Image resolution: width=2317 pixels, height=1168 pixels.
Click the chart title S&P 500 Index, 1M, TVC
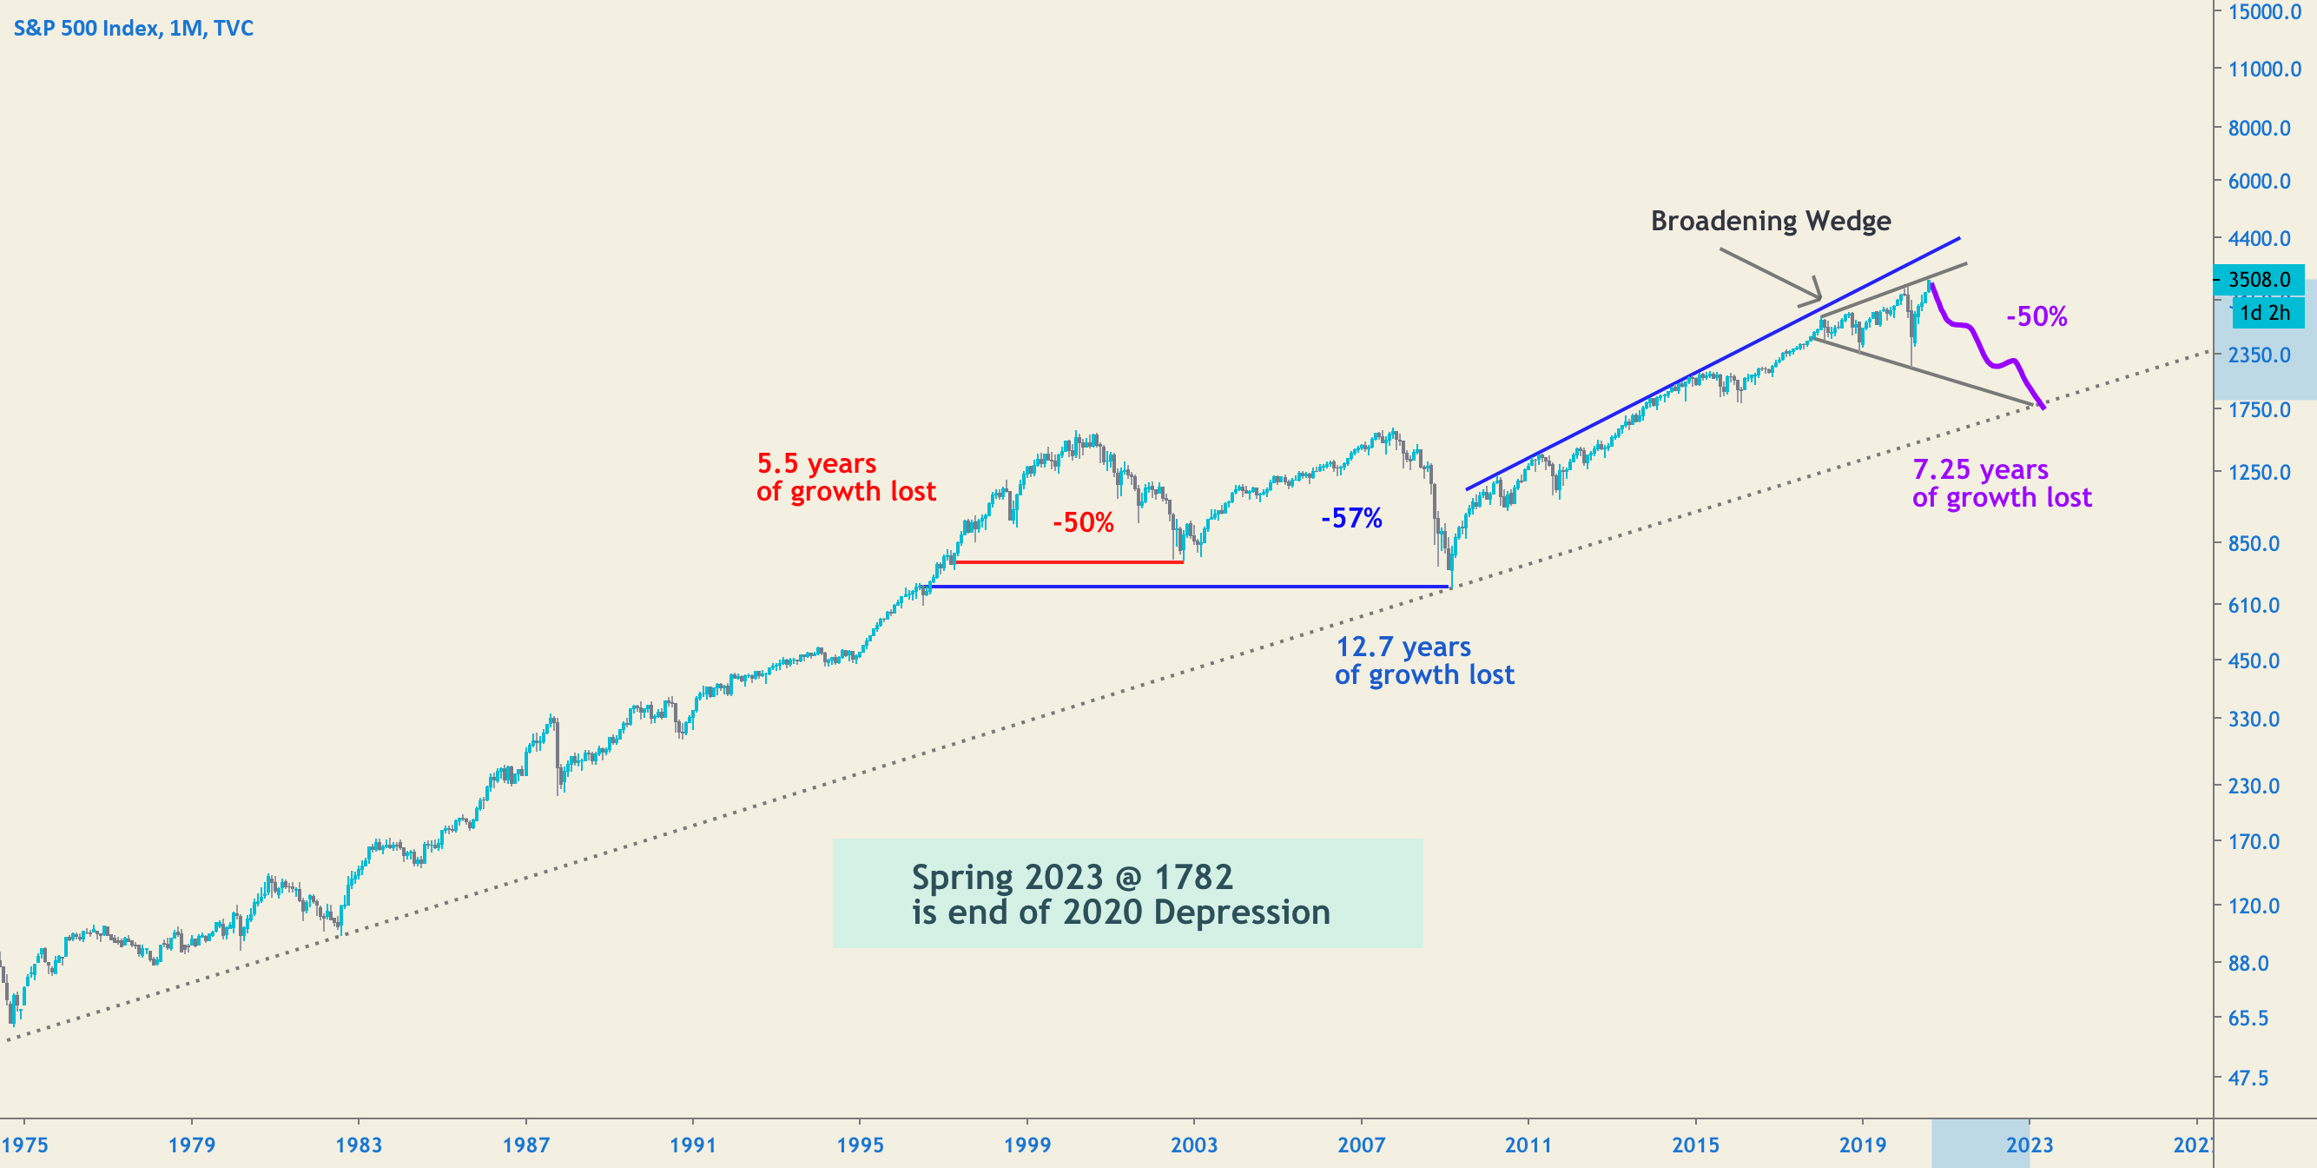pyautogui.click(x=133, y=28)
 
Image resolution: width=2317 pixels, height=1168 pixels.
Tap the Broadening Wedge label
pyautogui.click(x=1770, y=221)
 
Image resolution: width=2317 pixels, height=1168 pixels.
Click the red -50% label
pyautogui.click(x=1083, y=523)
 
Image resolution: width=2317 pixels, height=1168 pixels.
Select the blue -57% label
pyautogui.click(x=1351, y=518)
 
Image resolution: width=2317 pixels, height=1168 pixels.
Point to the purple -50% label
pyautogui.click(x=2036, y=316)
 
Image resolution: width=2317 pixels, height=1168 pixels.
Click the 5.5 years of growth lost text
pyautogui.click(x=846, y=477)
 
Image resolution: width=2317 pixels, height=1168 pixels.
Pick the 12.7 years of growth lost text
pyautogui.click(x=1424, y=660)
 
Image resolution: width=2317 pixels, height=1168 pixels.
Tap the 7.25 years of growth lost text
pyautogui.click(x=2001, y=483)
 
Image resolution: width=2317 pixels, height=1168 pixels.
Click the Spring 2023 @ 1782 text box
pyautogui.click(x=1127, y=893)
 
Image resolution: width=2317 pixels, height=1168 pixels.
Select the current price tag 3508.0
pyautogui.click(x=2259, y=280)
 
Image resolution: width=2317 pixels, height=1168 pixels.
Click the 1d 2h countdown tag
pyautogui.click(x=2265, y=313)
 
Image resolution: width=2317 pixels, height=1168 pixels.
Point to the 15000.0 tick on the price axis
pyautogui.click(x=2264, y=11)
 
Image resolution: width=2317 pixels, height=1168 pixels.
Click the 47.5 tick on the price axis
pyautogui.click(x=2248, y=1077)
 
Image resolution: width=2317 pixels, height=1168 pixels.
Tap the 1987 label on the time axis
pyautogui.click(x=525, y=1145)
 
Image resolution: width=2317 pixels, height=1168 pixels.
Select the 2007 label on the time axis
pyautogui.click(x=1361, y=1145)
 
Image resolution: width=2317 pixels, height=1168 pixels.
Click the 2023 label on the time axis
pyautogui.click(x=2030, y=1145)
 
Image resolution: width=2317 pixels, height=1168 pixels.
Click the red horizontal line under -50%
pyautogui.click(x=1070, y=562)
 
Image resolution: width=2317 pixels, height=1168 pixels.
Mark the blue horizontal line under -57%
pyautogui.click(x=1187, y=587)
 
